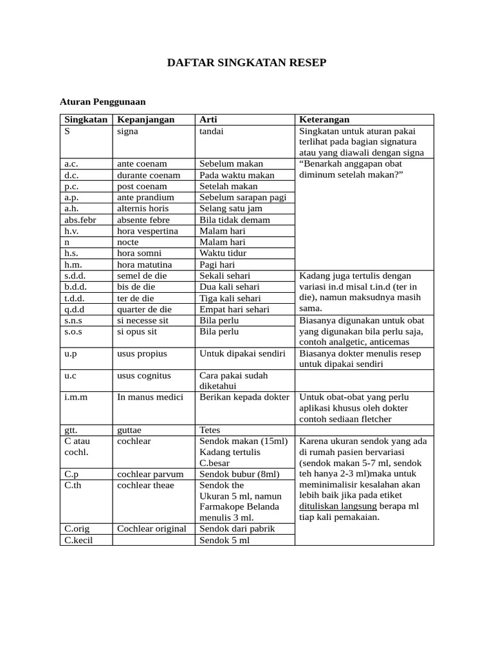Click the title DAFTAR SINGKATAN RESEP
247,62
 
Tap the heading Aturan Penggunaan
103,102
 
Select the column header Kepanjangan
146,120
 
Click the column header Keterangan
324,120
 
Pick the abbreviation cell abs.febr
80,219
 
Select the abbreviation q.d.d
76,309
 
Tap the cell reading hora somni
140,253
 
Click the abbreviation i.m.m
76,396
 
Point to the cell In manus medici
151,396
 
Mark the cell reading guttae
129,429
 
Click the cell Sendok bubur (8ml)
239,474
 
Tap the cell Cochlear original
152,528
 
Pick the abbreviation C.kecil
78,540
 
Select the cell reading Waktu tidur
223,253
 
